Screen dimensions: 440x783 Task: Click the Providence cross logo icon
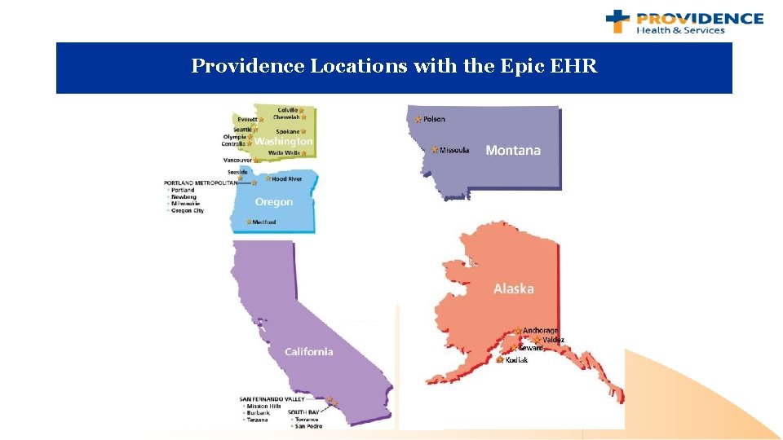pos(617,21)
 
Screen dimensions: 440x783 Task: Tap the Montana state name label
pos(512,150)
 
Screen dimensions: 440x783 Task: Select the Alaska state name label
pos(513,288)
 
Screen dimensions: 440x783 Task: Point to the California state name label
pos(308,351)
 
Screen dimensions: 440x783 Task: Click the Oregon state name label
pos(273,202)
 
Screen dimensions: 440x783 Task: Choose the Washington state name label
pos(283,141)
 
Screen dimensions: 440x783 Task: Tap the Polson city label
pos(434,119)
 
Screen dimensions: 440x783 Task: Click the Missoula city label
pos(454,150)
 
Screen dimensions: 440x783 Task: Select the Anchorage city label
pos(540,330)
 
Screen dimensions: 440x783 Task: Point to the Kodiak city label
pos(516,359)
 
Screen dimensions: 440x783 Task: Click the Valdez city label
pos(553,339)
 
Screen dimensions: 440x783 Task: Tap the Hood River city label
pos(286,178)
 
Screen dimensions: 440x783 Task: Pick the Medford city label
pos(263,222)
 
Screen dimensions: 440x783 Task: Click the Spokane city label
pos(287,131)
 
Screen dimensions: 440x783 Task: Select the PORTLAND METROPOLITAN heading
pos(200,183)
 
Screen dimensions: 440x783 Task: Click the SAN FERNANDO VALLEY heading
pos(272,399)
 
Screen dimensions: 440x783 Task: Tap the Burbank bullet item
pos(258,413)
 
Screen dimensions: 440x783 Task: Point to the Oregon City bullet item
pos(188,210)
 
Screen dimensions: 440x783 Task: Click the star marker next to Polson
pos(418,119)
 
